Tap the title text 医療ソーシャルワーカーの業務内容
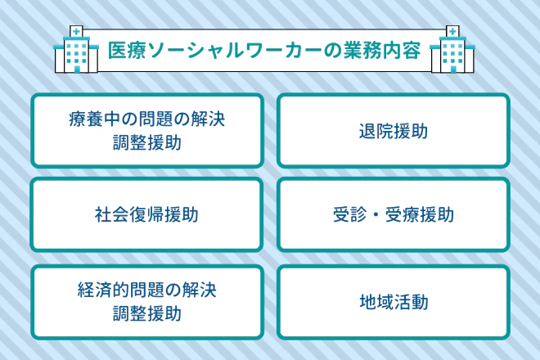click(264, 49)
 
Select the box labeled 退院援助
click(393, 131)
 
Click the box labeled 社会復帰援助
click(146, 215)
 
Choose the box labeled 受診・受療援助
click(393, 215)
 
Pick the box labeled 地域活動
click(393, 300)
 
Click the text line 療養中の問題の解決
click(146, 120)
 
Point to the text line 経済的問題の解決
click(146, 289)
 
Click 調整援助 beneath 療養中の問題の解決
click(146, 144)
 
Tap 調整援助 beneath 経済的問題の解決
click(146, 313)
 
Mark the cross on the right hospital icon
click(452, 32)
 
